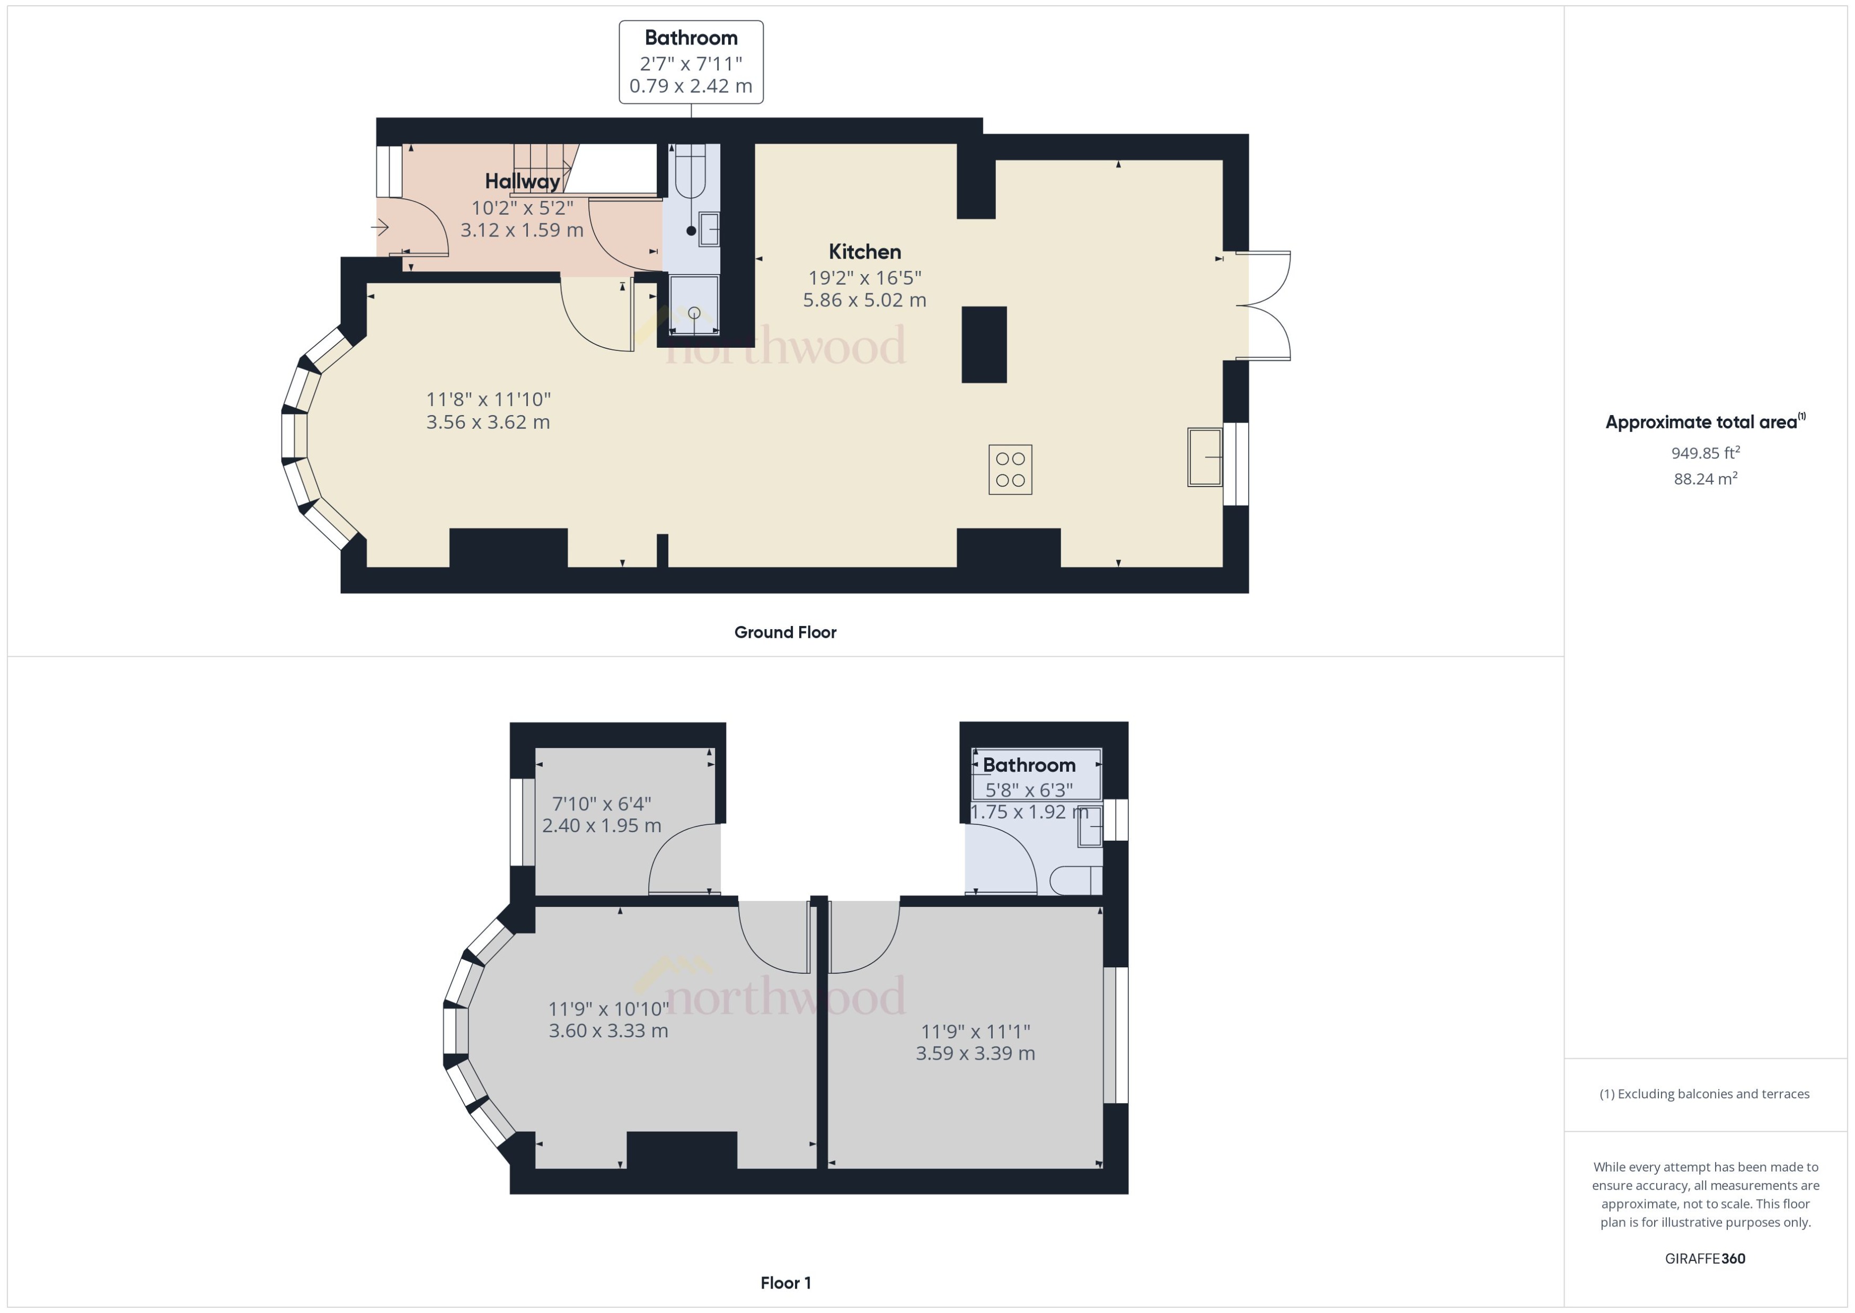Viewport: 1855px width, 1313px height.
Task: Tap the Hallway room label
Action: tap(522, 181)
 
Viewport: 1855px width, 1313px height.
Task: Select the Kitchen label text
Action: tap(864, 251)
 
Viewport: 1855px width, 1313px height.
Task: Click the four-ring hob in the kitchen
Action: tap(1010, 469)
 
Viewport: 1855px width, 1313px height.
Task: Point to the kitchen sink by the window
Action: tap(1204, 457)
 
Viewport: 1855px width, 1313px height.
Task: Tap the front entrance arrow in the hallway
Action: tap(381, 228)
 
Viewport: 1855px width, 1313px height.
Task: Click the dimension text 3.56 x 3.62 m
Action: tap(488, 422)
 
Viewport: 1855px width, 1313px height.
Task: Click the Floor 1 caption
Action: tap(785, 1282)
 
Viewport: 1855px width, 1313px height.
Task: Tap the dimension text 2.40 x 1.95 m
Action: tap(602, 825)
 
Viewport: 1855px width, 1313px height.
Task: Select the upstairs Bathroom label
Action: tap(1028, 765)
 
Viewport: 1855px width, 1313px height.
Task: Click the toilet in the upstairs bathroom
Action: tap(1075, 879)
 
